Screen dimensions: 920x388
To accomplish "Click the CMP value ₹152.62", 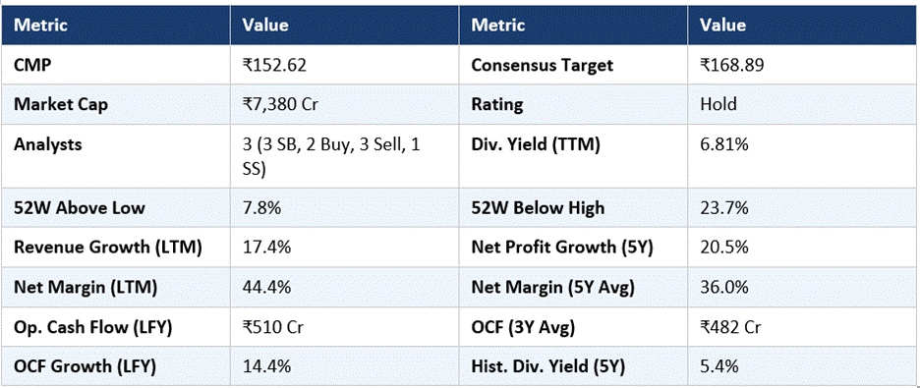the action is coord(274,65).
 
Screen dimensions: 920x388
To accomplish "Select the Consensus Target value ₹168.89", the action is coord(731,65).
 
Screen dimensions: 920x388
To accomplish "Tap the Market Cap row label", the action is coord(61,104).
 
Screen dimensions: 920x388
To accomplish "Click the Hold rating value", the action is coord(719,104).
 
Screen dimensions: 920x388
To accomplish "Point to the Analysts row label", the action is coord(47,144).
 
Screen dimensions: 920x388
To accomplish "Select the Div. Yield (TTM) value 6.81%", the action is coord(724,144).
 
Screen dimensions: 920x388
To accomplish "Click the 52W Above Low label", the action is coord(80,208).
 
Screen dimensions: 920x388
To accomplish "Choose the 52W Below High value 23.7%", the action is coord(724,208).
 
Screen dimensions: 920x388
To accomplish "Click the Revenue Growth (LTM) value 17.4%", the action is coord(267,248).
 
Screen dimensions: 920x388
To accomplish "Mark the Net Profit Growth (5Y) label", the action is coord(562,248).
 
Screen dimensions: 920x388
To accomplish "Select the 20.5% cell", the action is coord(724,248).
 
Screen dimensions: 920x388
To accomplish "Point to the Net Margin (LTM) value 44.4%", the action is coord(267,288).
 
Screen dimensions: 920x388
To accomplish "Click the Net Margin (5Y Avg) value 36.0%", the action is coord(724,288).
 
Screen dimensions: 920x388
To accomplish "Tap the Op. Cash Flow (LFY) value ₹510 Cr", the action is coord(272,328).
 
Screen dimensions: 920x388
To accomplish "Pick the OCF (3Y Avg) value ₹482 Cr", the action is coord(730,328).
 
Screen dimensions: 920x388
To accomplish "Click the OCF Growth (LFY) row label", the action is coord(85,367).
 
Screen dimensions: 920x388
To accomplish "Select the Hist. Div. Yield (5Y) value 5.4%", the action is coord(719,367).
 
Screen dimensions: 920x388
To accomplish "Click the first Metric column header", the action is coord(40,26).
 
